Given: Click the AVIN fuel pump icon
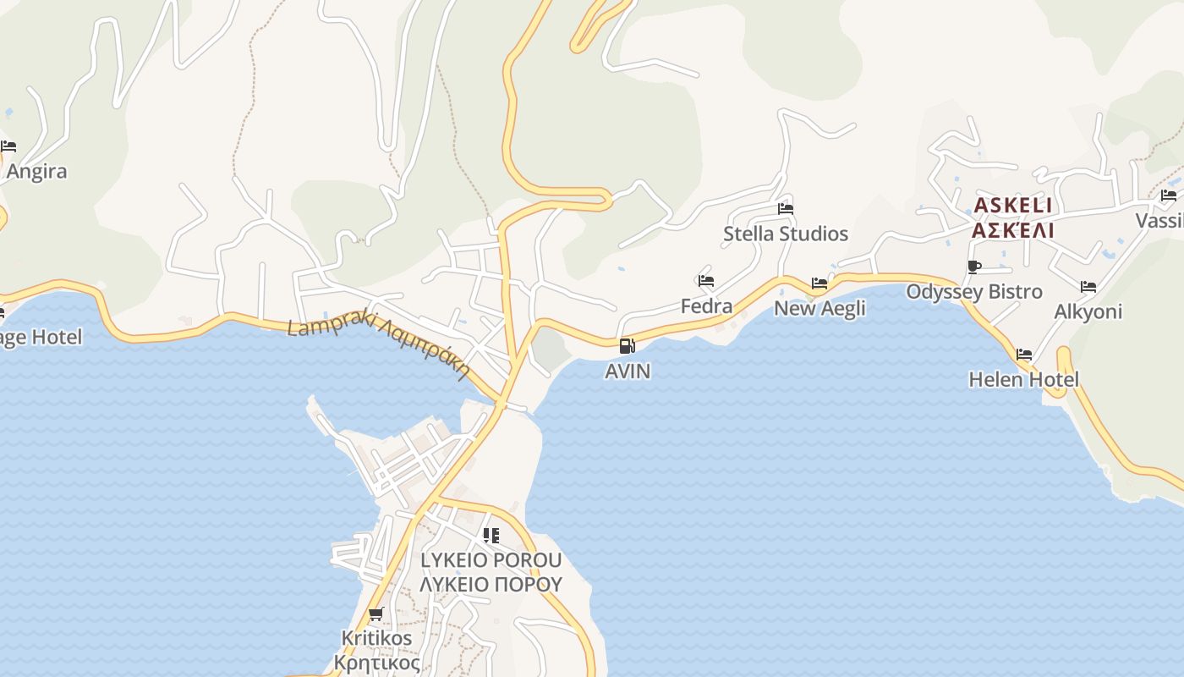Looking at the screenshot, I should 627,345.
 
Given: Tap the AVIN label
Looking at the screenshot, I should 628,371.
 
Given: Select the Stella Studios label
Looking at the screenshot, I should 785,234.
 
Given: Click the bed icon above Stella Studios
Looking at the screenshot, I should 785,209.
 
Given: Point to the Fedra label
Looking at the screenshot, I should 706,305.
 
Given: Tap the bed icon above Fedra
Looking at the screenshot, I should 706,281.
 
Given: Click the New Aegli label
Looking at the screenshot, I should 819,308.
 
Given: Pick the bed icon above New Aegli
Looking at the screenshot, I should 819,283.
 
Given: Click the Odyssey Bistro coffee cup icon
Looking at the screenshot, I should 973,267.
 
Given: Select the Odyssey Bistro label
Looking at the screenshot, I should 973,292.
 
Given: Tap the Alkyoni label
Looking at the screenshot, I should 1088,311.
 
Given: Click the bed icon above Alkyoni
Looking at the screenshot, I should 1088,287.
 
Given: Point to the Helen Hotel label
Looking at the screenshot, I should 1023,379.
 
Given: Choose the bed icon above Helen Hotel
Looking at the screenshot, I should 1023,355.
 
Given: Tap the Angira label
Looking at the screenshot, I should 36,172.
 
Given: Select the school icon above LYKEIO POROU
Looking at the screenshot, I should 491,536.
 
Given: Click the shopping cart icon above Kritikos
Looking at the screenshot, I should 375,614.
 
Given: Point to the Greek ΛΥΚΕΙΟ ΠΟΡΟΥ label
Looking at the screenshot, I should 491,584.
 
